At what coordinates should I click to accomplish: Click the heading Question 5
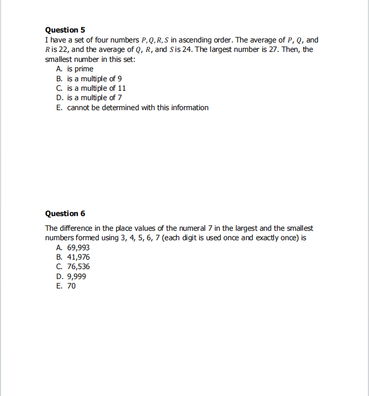tap(65, 30)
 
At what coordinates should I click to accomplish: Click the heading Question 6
tap(65, 213)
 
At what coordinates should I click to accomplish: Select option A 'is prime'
tap(80, 69)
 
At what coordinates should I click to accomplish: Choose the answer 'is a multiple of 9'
tap(95, 79)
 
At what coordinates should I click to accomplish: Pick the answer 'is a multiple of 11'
tap(96, 88)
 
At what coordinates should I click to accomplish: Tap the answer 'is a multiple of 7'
tap(95, 98)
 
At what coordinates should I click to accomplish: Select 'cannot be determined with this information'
tap(138, 108)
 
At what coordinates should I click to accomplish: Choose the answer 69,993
tap(78, 247)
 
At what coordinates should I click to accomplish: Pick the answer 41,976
tap(78, 257)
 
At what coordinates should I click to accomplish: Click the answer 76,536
tap(78, 266)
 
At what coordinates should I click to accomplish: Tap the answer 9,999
tap(77, 276)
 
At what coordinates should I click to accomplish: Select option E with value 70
tap(71, 286)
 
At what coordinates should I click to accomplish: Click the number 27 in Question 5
tap(275, 49)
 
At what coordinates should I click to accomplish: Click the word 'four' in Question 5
tap(98, 40)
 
